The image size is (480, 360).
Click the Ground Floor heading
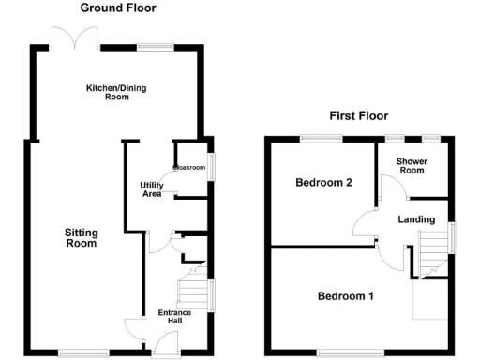pyautogui.click(x=117, y=7)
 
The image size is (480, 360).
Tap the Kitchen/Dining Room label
pyautogui.click(x=117, y=92)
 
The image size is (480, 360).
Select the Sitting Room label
pyautogui.click(x=81, y=237)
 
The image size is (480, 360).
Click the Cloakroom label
pyautogui.click(x=188, y=168)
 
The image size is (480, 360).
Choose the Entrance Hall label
pyautogui.click(x=173, y=316)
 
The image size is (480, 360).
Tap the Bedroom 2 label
pyautogui.click(x=323, y=182)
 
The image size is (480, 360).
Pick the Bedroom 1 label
pyautogui.click(x=345, y=296)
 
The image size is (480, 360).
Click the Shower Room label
pyautogui.click(x=411, y=165)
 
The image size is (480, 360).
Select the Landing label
pyautogui.click(x=416, y=219)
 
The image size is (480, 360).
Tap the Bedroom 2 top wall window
pyautogui.click(x=322, y=139)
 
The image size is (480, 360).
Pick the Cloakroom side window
pyautogui.click(x=210, y=165)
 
